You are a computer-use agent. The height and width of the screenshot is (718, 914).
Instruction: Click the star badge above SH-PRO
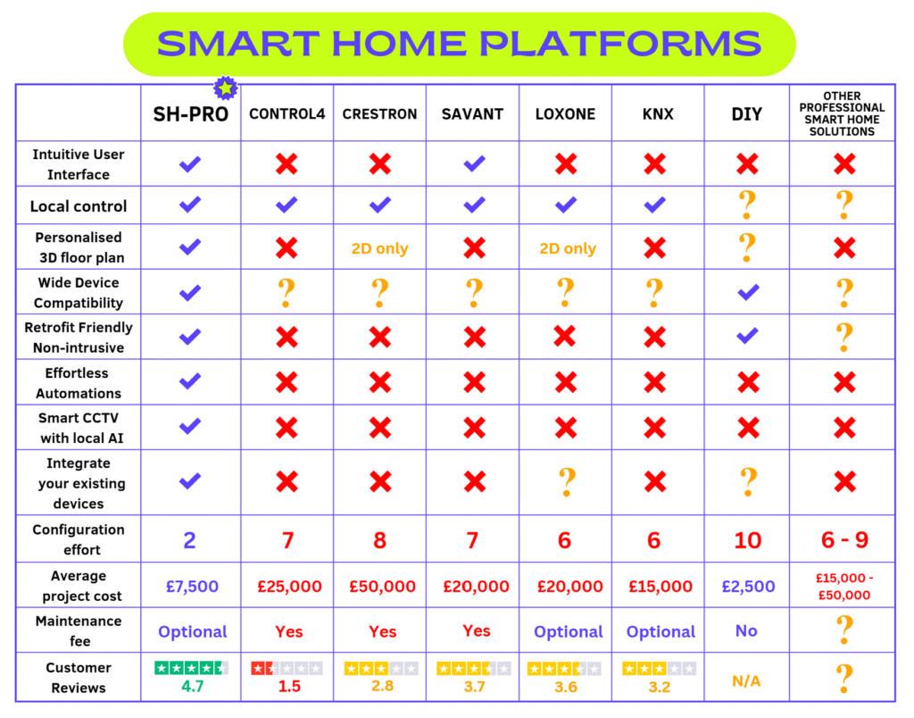pyautogui.click(x=226, y=88)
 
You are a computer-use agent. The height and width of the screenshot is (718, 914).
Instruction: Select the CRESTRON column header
pyautogui.click(x=379, y=113)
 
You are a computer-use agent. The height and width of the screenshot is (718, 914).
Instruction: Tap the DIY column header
pyautogui.click(x=747, y=113)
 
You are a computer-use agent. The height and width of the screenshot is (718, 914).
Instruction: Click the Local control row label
pyautogui.click(x=79, y=206)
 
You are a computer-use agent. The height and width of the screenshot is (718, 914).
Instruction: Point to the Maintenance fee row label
pyautogui.click(x=79, y=631)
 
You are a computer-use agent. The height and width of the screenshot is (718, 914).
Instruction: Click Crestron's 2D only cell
pyautogui.click(x=379, y=248)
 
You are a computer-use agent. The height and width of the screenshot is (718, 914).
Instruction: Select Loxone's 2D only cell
pyautogui.click(x=568, y=248)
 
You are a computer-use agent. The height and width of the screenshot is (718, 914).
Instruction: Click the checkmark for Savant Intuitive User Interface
pyautogui.click(x=475, y=163)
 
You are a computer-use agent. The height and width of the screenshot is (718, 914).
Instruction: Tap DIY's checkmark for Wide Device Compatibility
pyautogui.click(x=749, y=292)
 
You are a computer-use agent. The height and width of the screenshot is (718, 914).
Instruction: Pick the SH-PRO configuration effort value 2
pyautogui.click(x=189, y=540)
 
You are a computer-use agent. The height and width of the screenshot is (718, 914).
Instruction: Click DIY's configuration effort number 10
pyautogui.click(x=748, y=540)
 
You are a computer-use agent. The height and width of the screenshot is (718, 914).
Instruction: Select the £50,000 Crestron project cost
pyautogui.click(x=382, y=586)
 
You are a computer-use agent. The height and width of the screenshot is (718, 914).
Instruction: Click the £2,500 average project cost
pyautogui.click(x=749, y=586)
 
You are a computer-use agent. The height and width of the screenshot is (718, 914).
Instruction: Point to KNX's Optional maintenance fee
pyautogui.click(x=661, y=631)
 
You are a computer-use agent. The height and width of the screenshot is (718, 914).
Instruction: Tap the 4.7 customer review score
pyautogui.click(x=193, y=686)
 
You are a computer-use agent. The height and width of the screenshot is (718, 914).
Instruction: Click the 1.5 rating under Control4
pyautogui.click(x=289, y=687)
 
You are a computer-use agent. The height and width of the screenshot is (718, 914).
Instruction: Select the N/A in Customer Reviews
pyautogui.click(x=746, y=681)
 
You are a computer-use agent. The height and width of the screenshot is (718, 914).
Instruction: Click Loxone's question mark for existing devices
pyautogui.click(x=567, y=481)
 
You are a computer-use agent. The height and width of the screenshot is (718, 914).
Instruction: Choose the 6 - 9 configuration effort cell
pyautogui.click(x=844, y=540)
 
